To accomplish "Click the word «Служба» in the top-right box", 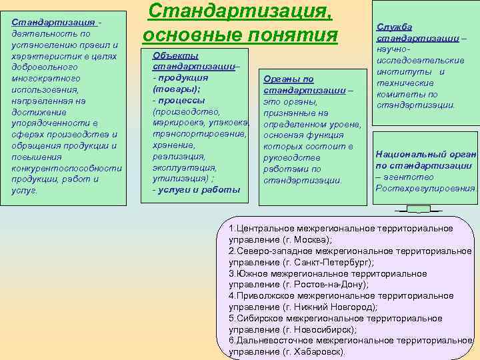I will tap(395, 27).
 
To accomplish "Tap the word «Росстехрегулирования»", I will tap(426, 189).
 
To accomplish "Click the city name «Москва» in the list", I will tap(305, 239).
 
